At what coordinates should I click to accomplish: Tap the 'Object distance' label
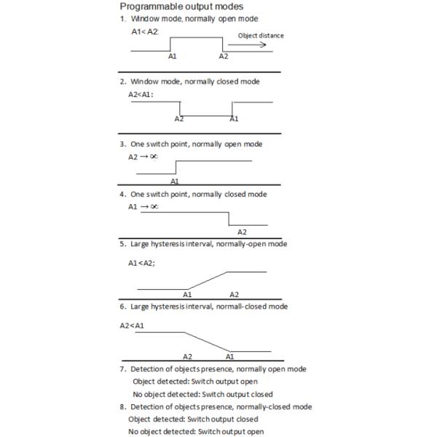(261, 35)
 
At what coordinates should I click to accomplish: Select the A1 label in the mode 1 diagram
(172, 56)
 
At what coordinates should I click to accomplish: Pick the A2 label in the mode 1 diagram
(224, 56)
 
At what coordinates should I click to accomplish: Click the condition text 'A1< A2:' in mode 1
(144, 32)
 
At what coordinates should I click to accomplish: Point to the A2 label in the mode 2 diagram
(179, 119)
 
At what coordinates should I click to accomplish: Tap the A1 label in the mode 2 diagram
(234, 119)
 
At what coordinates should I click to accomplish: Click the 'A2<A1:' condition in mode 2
(141, 94)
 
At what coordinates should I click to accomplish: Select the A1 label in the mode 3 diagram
(175, 180)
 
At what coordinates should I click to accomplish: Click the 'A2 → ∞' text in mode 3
(143, 157)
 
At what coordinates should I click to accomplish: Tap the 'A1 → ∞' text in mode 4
(143, 207)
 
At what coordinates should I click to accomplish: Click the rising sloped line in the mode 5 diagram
(207, 280)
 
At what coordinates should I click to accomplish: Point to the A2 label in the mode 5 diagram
(234, 294)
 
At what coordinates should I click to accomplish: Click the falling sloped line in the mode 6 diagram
(207, 342)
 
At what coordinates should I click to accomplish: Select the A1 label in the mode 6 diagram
(229, 356)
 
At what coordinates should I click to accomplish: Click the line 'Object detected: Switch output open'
(195, 381)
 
